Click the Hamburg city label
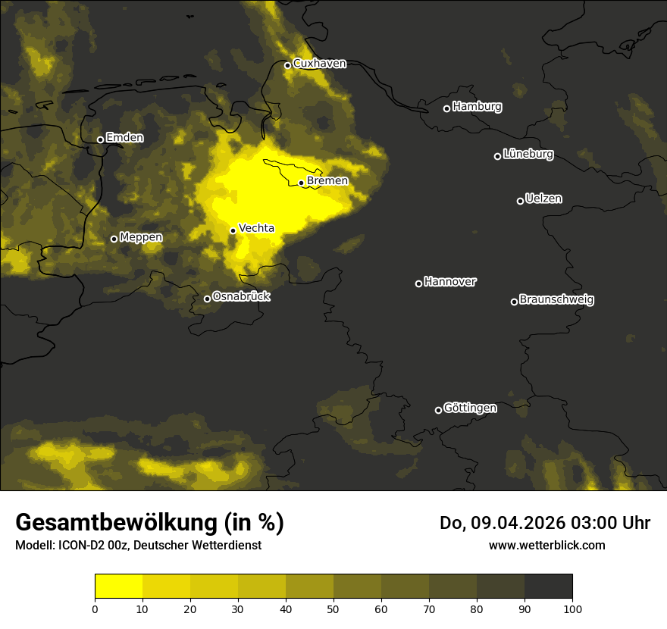[x=477, y=107]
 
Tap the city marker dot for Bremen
[x=301, y=183]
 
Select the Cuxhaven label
[x=319, y=64]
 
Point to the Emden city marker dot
[x=100, y=139]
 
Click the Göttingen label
[x=470, y=408]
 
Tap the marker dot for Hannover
[x=418, y=283]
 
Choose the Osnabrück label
[x=241, y=296]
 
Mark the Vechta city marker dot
[x=233, y=230]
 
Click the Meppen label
[x=141, y=237]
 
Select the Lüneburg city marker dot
[x=497, y=156]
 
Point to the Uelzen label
[x=543, y=199]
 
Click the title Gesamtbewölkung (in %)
[x=149, y=522]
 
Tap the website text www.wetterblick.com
[x=546, y=545]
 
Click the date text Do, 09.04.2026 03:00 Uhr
[x=545, y=523]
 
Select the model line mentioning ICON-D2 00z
[x=138, y=545]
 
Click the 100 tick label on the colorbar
[x=572, y=609]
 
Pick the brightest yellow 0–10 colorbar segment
[x=118, y=587]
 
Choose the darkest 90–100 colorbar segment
[x=548, y=587]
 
